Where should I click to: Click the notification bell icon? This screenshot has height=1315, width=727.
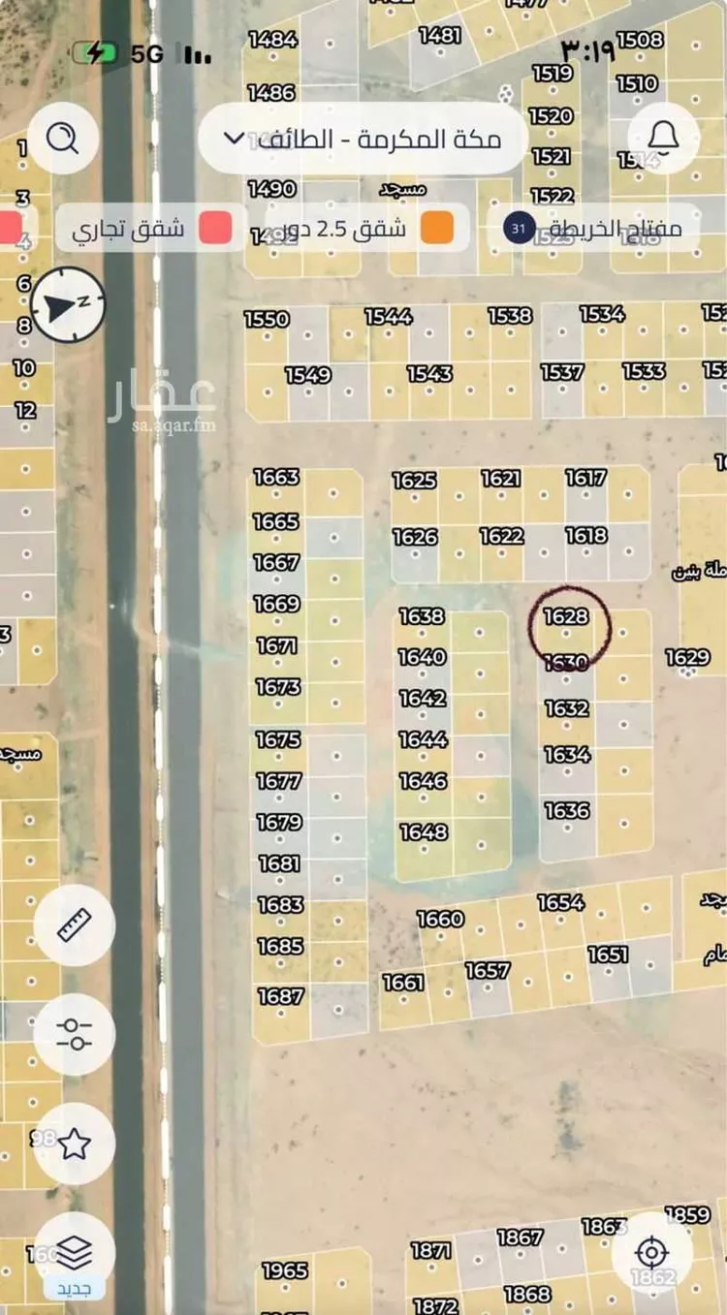tap(664, 139)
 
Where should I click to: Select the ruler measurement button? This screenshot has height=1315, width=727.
tap(75, 925)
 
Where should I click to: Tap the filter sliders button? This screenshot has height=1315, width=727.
tap(75, 1034)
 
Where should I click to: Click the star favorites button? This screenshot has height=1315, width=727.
tap(75, 1143)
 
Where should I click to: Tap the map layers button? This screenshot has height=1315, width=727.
tap(75, 1253)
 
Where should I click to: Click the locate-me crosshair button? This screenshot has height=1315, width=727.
tap(651, 1253)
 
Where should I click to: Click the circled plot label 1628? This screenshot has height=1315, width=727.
tap(567, 617)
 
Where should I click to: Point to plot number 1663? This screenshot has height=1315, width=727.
tap(277, 477)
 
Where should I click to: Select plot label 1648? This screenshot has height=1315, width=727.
tap(424, 831)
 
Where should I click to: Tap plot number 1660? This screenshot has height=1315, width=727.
tap(440, 919)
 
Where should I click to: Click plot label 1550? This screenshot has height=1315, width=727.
tap(267, 319)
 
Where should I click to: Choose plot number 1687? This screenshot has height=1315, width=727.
tap(281, 996)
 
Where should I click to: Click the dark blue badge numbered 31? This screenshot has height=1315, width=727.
tap(520, 229)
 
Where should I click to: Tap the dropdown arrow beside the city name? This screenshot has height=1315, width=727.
tap(234, 139)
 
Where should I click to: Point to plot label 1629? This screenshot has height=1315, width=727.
tap(688, 658)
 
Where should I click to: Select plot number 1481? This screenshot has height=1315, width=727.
tap(440, 35)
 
